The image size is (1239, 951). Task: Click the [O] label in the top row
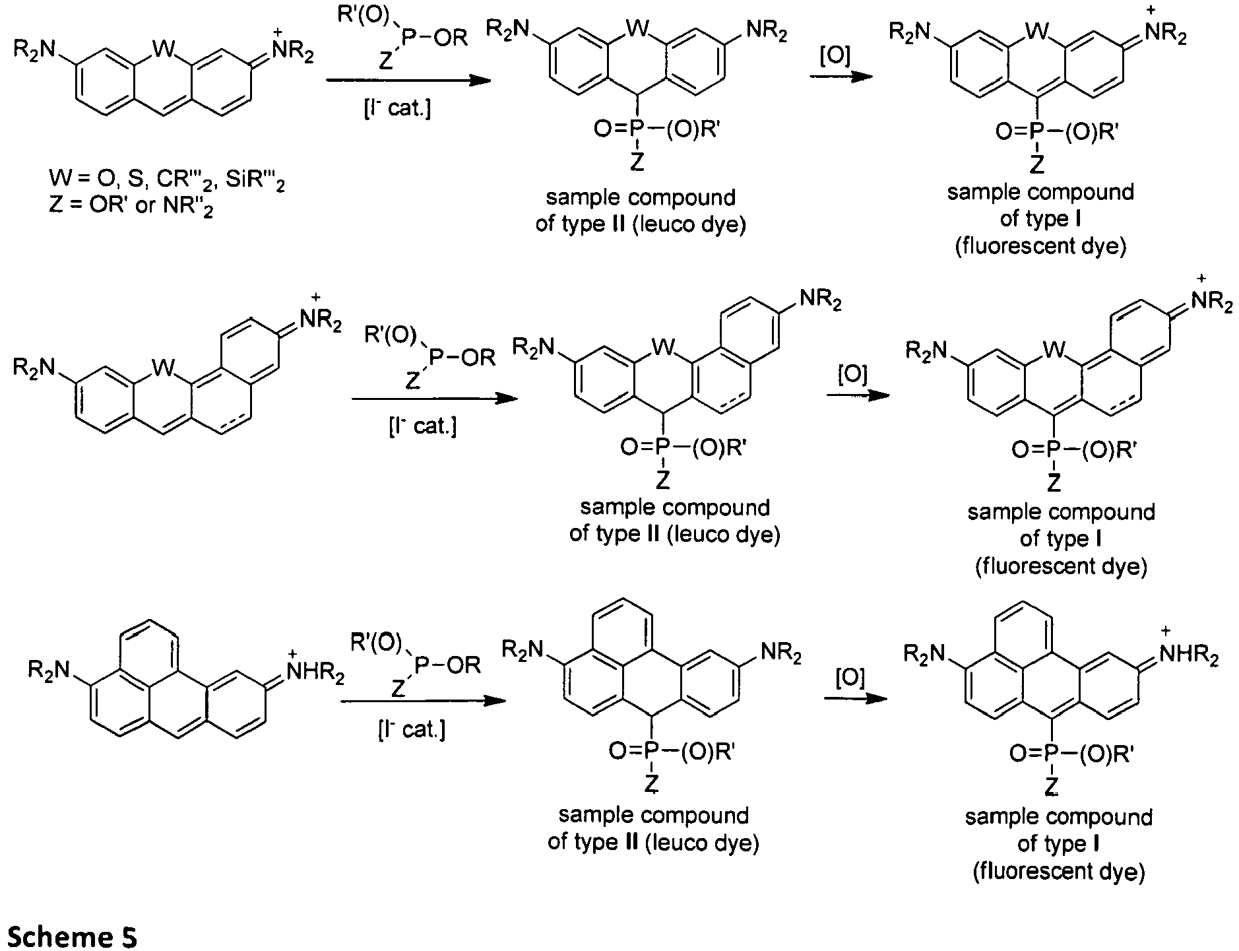click(835, 57)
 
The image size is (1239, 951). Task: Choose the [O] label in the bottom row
click(850, 680)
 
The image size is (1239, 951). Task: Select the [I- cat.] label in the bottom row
click(411, 729)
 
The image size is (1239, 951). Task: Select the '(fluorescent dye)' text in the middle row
click(1060, 566)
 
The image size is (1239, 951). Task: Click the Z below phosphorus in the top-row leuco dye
click(636, 162)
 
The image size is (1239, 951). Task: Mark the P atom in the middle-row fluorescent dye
click(1054, 450)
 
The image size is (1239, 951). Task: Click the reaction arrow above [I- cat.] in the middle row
click(434, 399)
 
